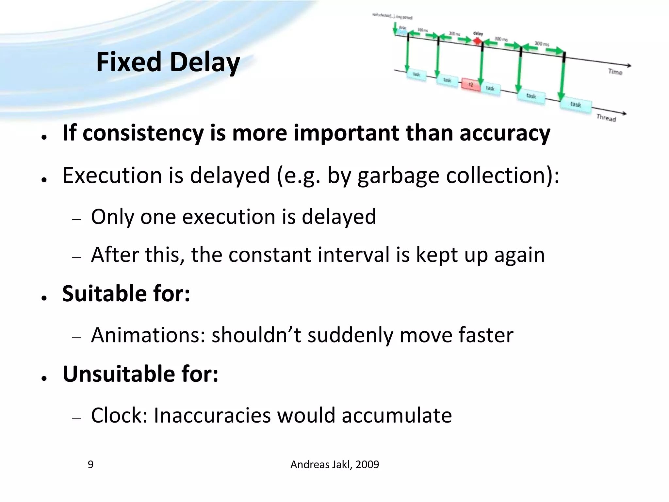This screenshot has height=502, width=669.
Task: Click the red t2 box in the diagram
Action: click(471, 84)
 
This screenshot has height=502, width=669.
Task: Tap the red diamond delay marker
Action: click(478, 41)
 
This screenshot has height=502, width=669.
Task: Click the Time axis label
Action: click(615, 72)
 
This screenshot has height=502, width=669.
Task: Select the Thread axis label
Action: click(606, 118)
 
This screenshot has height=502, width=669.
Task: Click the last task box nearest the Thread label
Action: click(576, 104)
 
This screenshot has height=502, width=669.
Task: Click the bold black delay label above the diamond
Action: click(478, 33)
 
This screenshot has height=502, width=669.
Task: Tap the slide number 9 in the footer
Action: click(90, 464)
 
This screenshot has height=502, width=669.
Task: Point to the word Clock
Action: click(119, 415)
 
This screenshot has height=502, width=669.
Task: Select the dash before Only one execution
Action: click(76, 219)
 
